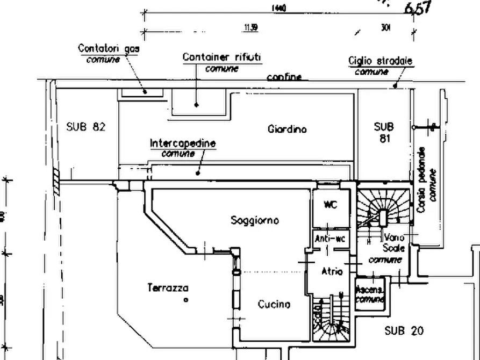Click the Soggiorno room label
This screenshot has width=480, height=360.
(x=254, y=220)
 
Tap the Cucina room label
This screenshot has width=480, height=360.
(x=274, y=304)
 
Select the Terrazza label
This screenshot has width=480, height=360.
(x=168, y=288)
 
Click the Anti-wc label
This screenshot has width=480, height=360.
(x=329, y=239)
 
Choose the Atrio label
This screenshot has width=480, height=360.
(x=332, y=271)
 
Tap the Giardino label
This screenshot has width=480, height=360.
(x=287, y=129)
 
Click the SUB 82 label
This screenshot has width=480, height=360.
(x=85, y=127)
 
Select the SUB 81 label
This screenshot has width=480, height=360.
(x=384, y=132)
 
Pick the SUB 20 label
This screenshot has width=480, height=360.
(x=404, y=331)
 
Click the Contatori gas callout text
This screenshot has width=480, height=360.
(x=109, y=48)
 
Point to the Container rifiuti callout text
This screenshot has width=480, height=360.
(x=221, y=57)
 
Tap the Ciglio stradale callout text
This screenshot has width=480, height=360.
(x=380, y=61)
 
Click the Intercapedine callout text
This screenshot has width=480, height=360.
(x=183, y=143)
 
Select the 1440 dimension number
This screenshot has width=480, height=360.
(x=279, y=8)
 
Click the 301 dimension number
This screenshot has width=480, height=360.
(x=385, y=28)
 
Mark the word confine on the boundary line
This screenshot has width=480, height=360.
(x=284, y=77)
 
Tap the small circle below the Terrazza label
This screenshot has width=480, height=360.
(x=185, y=300)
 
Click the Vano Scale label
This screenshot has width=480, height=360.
(x=393, y=242)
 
